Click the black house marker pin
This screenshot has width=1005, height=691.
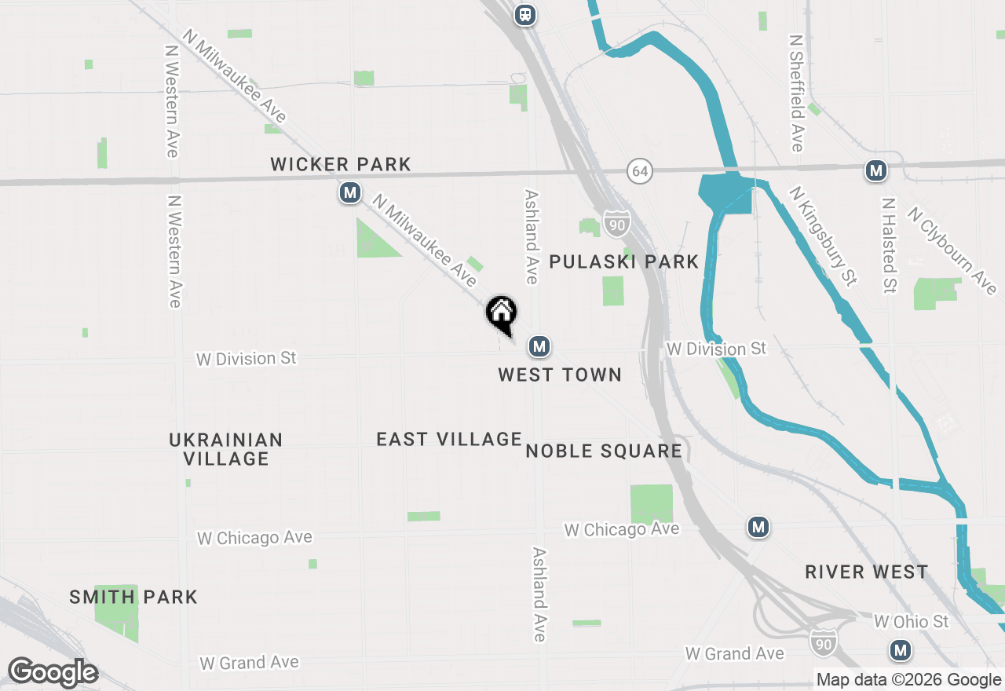[502, 314]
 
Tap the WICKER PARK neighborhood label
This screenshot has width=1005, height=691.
[341, 164]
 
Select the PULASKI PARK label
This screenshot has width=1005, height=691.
[623, 261]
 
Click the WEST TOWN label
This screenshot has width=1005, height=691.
[560, 375]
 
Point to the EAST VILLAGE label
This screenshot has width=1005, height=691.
[449, 439]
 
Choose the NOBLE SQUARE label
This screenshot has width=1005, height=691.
[604, 451]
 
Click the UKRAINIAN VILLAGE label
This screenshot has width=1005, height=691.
[226, 449]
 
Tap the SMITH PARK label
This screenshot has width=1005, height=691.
[133, 597]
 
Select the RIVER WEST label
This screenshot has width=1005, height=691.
[867, 572]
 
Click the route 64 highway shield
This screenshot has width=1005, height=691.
[641, 170]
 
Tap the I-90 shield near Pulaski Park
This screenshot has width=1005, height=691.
[617, 225]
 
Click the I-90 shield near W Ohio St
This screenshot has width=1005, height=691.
[823, 642]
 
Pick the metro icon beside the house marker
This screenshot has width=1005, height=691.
[539, 345]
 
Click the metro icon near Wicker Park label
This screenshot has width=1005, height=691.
[350, 192]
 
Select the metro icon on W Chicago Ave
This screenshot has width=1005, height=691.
[758, 527]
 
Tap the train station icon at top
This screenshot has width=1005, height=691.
[524, 14]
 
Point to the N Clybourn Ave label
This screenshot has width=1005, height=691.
[952, 250]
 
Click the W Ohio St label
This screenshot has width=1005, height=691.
[912, 622]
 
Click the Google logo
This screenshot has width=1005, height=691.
[53, 672]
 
